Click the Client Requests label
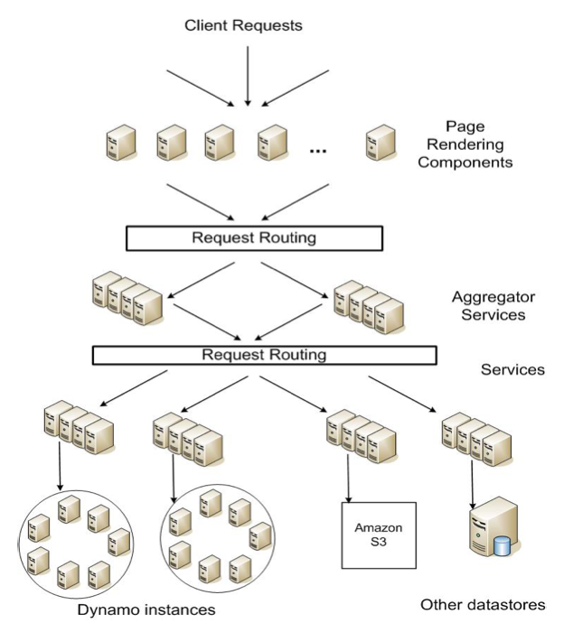click(x=243, y=25)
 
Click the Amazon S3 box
click(x=378, y=535)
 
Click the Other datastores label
click(x=484, y=603)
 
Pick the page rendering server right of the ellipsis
click(x=378, y=143)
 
